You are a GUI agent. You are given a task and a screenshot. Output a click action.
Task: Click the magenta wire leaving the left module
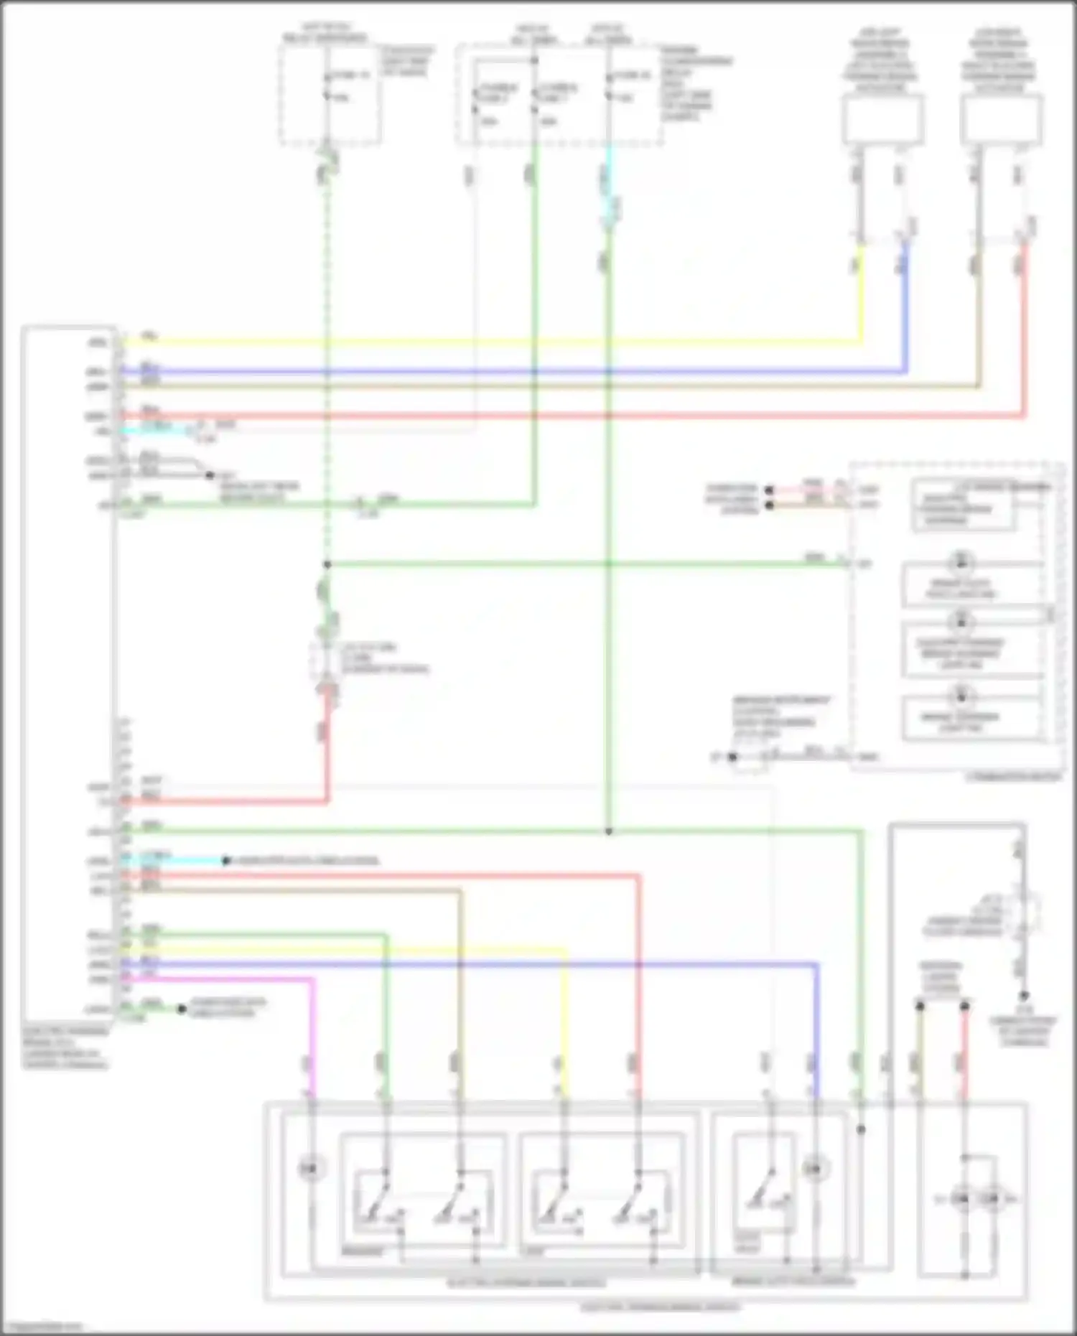[x=215, y=978]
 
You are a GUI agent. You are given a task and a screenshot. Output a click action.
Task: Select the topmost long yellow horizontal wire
[x=488, y=342]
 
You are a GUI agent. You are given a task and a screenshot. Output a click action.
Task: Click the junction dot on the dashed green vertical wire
[x=327, y=564]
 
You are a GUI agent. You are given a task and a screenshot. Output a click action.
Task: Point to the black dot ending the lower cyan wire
[x=225, y=860]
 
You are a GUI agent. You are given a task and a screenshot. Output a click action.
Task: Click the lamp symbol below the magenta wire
[x=311, y=1169]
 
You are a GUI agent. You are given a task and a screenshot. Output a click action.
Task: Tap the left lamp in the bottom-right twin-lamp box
[x=961, y=1198]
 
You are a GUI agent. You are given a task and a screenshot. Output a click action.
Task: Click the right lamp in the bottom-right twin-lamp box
[x=992, y=1198]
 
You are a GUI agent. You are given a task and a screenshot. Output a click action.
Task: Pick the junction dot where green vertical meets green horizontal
[x=608, y=831]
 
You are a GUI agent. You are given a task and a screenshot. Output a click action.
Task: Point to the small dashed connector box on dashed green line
[x=326, y=660]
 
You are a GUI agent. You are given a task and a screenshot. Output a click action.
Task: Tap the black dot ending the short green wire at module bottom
[x=182, y=1009]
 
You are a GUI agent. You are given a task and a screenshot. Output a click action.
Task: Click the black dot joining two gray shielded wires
[x=210, y=475]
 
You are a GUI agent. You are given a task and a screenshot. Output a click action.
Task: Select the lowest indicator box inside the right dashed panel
[x=971, y=719]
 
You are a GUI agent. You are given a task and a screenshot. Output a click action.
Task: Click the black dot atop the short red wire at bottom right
[x=964, y=1006]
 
